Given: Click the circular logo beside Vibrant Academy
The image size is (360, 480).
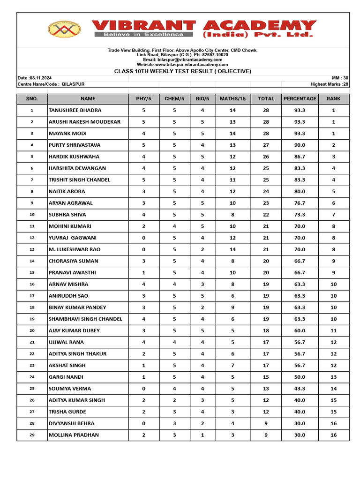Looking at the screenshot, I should (64, 29).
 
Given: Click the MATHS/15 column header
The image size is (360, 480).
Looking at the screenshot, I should (232, 99).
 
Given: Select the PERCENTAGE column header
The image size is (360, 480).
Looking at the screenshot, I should (300, 99).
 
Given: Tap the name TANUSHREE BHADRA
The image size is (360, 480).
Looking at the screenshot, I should (75, 110).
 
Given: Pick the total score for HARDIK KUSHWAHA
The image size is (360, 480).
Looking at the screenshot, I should (266, 157).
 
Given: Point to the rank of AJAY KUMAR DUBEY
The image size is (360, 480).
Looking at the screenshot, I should (333, 330).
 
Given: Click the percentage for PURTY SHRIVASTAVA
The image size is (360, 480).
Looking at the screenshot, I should (300, 145).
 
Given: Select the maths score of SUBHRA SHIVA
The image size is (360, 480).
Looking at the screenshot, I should (232, 215).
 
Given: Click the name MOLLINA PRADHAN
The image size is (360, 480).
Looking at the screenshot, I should (74, 435).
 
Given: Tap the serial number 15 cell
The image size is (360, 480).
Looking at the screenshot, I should (32, 273).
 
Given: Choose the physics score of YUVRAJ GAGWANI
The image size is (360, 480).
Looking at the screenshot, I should (143, 238).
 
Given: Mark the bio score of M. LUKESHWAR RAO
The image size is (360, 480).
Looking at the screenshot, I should (202, 249).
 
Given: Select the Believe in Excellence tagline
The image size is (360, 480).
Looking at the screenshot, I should (143, 34).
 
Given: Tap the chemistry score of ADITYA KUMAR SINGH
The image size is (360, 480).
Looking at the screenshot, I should (174, 400).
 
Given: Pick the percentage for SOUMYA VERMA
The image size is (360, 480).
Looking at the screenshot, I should (300, 389).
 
